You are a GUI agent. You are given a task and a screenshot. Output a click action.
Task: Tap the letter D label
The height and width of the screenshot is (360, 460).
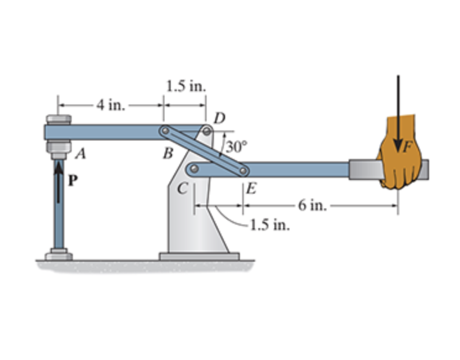coord(219,118)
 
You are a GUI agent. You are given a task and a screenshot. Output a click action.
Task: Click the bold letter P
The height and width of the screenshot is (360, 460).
coord(72,182)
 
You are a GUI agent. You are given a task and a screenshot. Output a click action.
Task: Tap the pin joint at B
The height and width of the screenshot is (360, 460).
coord(164,131)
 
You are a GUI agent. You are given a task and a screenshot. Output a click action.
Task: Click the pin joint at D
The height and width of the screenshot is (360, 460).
coord(207,131)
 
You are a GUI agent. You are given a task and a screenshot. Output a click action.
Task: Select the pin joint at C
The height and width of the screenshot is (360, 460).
coord(194,169)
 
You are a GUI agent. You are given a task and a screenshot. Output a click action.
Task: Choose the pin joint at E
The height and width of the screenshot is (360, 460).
coord(244,169)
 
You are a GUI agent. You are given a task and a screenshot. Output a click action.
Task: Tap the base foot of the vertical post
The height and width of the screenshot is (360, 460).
coord(58,255)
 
